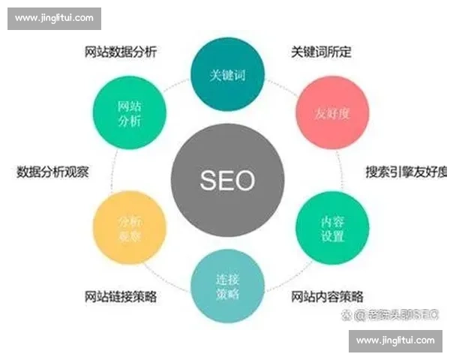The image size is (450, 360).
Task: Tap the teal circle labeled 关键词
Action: (226, 75)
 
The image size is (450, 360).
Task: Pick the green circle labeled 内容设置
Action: (332, 228)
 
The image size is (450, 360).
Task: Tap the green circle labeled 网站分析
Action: (130, 112)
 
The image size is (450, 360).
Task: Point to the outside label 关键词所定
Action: (321, 52)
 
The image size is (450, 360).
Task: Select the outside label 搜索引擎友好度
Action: (405, 171)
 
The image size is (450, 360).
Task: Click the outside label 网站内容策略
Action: (327, 295)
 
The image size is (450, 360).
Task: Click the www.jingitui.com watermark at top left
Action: (54, 17)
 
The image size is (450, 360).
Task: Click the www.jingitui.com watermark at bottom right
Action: (395, 340)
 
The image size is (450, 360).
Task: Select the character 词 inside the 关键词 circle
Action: (239, 76)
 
